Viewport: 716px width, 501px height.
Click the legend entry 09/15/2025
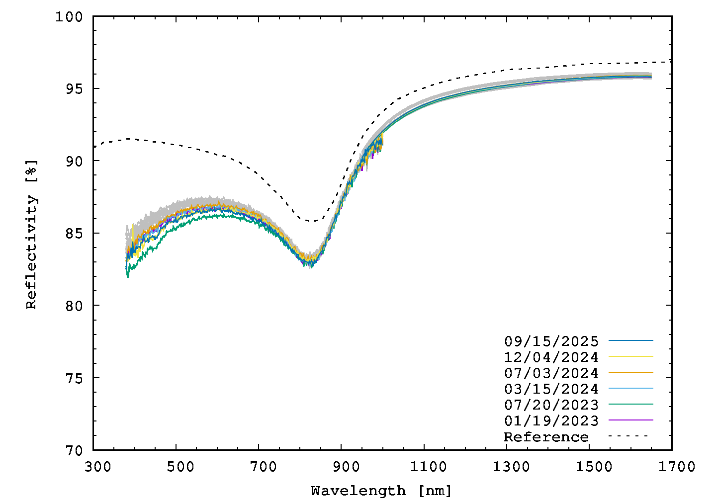click(x=551, y=341)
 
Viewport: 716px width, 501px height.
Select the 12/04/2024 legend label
click(x=551, y=357)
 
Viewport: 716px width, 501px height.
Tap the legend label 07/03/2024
click(x=551, y=373)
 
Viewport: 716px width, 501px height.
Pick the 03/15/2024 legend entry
click(x=551, y=389)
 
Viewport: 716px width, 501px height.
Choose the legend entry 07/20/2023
click(x=551, y=405)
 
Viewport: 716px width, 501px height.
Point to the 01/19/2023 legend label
click(x=551, y=421)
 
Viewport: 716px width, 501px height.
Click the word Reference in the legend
click(x=546, y=437)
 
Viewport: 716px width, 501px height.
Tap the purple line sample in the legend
click(x=630, y=420)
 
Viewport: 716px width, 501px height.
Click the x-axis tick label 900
click(x=346, y=467)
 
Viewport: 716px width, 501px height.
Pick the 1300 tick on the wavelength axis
click(x=511, y=467)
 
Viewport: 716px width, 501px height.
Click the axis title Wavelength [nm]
click(x=381, y=491)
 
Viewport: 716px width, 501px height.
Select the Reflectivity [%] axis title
click(x=31, y=234)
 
